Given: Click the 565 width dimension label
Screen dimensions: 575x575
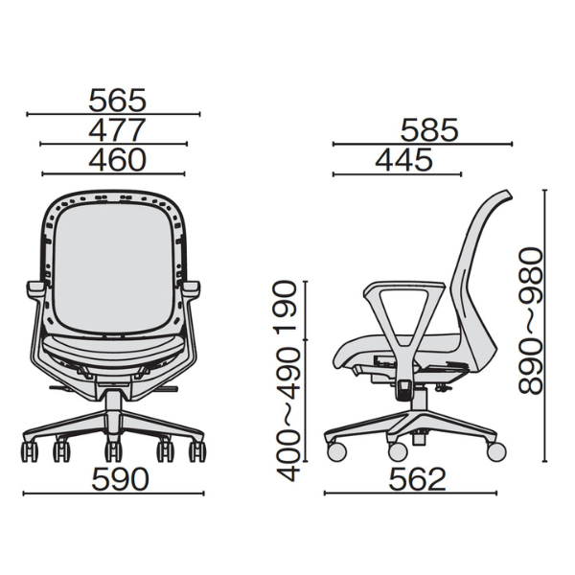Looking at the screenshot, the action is (117, 100).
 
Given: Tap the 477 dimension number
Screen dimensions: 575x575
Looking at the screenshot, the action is (117, 129).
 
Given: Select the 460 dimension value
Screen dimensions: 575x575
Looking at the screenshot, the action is (117, 160).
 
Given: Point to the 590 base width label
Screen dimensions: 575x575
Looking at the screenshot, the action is (121, 479).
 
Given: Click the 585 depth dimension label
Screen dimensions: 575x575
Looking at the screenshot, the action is (429, 129).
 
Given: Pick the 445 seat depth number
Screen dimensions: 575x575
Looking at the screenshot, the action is (404, 160).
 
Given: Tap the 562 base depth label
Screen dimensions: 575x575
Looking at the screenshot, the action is (417, 479).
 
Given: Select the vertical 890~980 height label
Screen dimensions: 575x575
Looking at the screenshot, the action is (530, 321).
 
